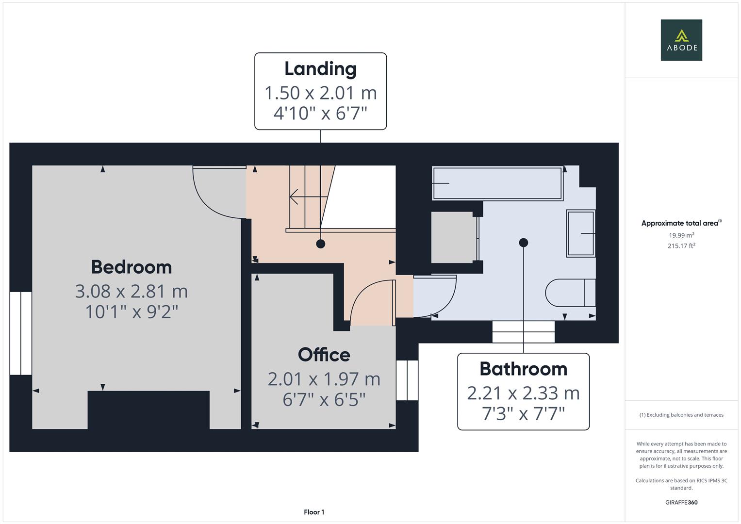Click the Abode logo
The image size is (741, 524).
[x=681, y=40]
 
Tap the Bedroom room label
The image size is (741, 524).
[x=132, y=267]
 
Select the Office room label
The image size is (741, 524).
[x=324, y=355]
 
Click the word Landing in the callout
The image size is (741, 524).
[x=320, y=69]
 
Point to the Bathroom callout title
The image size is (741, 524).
[x=523, y=369]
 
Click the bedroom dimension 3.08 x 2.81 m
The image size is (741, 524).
[x=132, y=291]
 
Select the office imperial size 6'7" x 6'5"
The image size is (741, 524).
[x=324, y=400]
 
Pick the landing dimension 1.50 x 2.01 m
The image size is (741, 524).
[x=320, y=93]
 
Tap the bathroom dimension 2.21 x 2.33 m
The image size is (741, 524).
[x=523, y=393]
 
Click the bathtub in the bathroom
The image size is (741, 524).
[x=497, y=183]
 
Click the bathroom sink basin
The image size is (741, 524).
[x=580, y=233]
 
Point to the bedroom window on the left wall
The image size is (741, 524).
[x=21, y=333]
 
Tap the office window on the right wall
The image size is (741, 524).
[x=407, y=380]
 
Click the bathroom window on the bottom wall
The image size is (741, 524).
[x=523, y=332]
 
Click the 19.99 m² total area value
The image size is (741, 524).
[x=681, y=235]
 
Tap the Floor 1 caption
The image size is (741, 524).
[x=314, y=512]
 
